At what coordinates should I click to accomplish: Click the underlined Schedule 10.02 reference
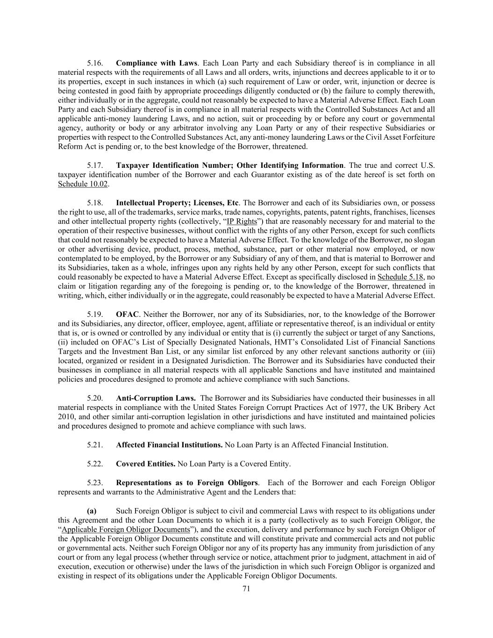[83, 184]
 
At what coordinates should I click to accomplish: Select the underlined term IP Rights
[242, 222]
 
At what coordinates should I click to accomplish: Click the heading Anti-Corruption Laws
[156, 398]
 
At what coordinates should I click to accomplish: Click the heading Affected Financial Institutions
[169, 445]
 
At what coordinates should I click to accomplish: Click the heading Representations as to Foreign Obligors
[187, 483]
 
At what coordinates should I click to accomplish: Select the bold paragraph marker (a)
[92, 511]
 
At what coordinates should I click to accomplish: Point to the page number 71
[247, 589]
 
